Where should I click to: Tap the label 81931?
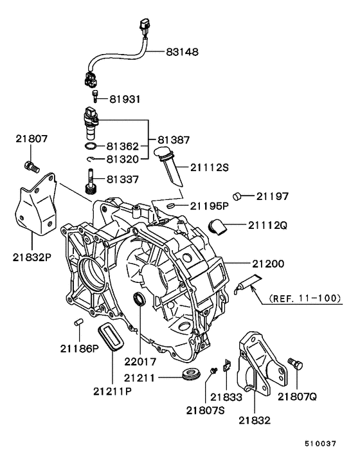[126, 100]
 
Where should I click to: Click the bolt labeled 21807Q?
[296, 365]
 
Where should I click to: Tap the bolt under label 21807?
[30, 167]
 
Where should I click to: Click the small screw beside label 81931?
[95, 97]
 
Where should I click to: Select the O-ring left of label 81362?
[91, 147]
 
